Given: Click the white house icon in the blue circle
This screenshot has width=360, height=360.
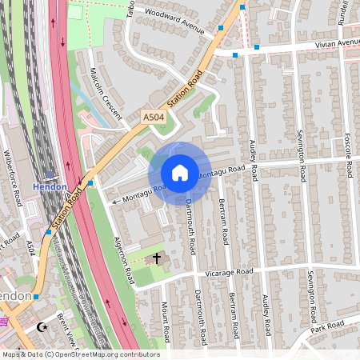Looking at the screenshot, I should (x=180, y=173).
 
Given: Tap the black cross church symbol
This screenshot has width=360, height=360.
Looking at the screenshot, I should (x=157, y=258).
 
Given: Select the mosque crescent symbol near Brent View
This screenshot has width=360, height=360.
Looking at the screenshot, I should (x=43, y=326).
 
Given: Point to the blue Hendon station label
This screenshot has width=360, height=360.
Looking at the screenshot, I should (x=50, y=186).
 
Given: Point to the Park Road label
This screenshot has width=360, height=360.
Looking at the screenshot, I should (x=327, y=328).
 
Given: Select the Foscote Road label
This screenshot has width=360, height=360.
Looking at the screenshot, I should (x=348, y=155).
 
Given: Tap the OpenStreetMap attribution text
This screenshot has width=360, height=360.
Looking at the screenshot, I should (x=80, y=354).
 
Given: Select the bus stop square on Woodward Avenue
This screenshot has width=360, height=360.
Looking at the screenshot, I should (x=221, y=29).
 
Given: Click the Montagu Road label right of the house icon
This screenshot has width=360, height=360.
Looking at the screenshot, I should (x=221, y=172).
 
